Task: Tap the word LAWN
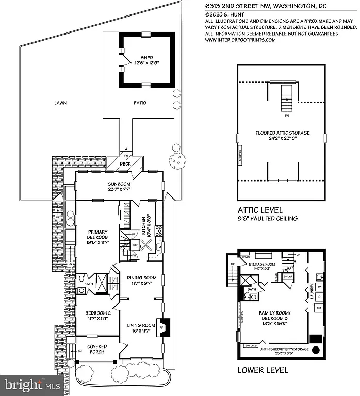(x=60, y=103)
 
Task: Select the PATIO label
(x=139, y=103)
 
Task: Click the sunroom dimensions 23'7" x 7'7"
(x=119, y=189)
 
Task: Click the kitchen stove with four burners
(x=159, y=231)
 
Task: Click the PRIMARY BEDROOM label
(x=97, y=235)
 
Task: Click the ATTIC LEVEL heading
(x=260, y=210)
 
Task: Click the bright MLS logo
(x=32, y=384)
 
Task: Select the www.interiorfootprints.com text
(x=248, y=40)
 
